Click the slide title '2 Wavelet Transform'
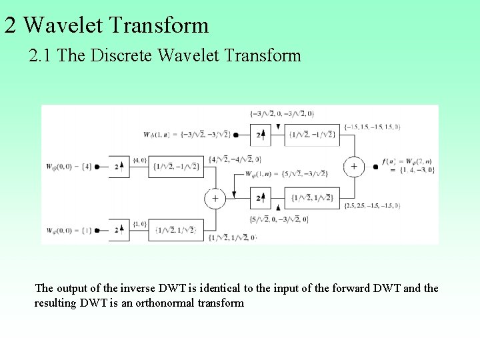tap(107, 25)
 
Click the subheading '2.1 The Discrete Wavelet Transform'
tap(165, 55)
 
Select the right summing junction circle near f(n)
tap(353, 167)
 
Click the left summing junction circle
tap(215, 198)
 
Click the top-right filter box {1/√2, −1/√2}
tap(312, 135)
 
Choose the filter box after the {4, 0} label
tap(175, 167)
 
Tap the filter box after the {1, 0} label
tap(175, 230)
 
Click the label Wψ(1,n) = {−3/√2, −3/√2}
tap(187, 135)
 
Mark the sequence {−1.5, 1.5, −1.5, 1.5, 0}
tap(373, 126)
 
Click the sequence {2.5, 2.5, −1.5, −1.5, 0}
tap(373, 206)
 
